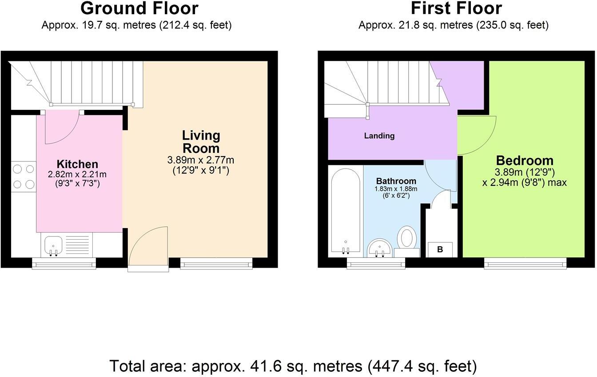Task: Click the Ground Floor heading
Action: (x=139, y=8)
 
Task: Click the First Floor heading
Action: (x=456, y=8)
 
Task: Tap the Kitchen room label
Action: (x=77, y=164)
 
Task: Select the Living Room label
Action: (x=201, y=141)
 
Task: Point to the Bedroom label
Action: (x=525, y=160)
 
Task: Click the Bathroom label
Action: (x=396, y=181)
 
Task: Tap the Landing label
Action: (x=379, y=136)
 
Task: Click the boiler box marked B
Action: (x=440, y=249)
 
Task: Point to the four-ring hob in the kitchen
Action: (x=24, y=176)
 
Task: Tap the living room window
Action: (x=216, y=265)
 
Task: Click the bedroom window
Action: (x=525, y=265)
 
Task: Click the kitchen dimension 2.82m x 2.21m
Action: (x=77, y=174)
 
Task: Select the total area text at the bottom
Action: (x=293, y=366)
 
